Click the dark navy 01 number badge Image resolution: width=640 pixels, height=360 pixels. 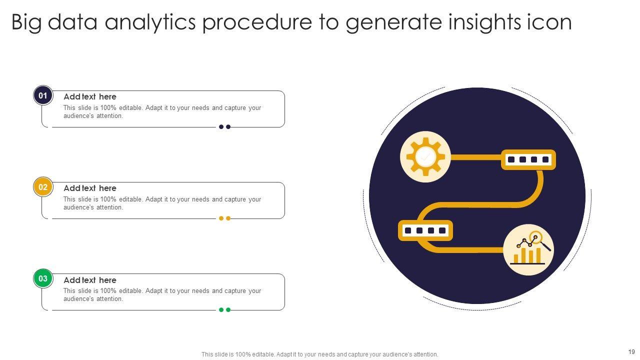[43, 95]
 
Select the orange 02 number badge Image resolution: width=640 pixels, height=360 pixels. [43, 187]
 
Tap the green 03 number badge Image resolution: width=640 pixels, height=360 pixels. [43, 278]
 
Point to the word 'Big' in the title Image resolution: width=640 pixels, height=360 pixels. [26, 23]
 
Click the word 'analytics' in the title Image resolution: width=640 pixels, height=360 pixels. [150, 23]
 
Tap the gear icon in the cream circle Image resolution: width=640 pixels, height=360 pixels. [425, 156]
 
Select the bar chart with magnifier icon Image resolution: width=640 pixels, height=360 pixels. [530, 248]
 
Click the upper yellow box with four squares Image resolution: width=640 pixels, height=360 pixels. [528, 159]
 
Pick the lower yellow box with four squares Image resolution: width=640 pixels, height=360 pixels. [425, 230]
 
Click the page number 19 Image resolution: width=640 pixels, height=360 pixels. [631, 351]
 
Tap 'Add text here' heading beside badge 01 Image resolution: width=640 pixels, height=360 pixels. [90, 97]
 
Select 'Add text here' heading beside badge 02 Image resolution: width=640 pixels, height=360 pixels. [90, 188]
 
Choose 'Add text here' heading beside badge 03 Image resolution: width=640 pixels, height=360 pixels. [90, 280]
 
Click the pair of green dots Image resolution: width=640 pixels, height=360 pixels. [224, 309]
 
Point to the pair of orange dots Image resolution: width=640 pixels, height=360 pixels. [224, 218]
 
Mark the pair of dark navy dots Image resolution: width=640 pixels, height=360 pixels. [224, 127]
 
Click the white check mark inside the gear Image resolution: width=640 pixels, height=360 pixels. [425, 156]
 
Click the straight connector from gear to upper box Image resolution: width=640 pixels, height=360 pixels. [476, 157]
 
